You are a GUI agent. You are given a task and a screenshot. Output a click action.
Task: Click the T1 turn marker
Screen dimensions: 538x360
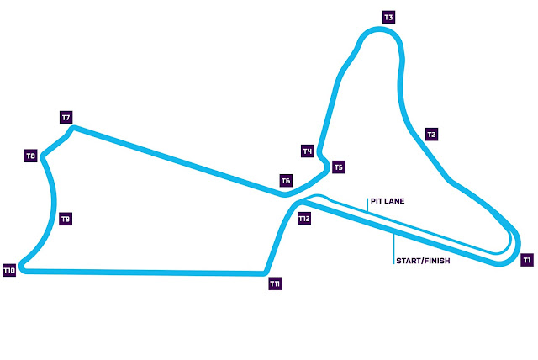pyautogui.click(x=526, y=260)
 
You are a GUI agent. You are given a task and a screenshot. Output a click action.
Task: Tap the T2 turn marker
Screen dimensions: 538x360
pyautogui.click(x=431, y=135)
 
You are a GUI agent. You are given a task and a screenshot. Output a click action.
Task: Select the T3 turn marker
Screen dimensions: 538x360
pyautogui.click(x=388, y=17)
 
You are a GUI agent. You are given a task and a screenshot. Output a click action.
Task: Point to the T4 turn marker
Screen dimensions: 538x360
pyautogui.click(x=308, y=151)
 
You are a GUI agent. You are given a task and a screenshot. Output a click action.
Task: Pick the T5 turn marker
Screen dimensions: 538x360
pyautogui.click(x=338, y=167)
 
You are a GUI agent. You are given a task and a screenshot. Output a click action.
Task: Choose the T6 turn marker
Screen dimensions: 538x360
pyautogui.click(x=286, y=181)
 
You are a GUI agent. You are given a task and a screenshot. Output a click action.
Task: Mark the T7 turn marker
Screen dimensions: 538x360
pyautogui.click(x=66, y=116)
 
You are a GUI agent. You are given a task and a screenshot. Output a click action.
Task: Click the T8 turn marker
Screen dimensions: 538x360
pyautogui.click(x=30, y=156)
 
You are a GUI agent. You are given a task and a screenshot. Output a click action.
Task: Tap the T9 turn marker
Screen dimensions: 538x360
pyautogui.click(x=66, y=219)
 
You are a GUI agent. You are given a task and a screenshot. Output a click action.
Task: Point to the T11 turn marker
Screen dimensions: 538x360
pyautogui.click(x=275, y=284)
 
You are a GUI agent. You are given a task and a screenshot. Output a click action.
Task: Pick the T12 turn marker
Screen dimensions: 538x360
pyautogui.click(x=305, y=219)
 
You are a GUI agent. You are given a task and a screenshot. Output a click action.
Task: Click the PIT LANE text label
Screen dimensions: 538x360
pyautogui.click(x=387, y=202)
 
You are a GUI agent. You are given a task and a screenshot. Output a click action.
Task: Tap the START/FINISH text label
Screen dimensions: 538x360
pyautogui.click(x=423, y=261)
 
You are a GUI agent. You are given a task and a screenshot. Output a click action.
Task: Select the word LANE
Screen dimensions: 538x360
pyautogui.click(x=393, y=202)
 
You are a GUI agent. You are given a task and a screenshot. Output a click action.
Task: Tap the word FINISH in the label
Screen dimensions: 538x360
pyautogui.click(x=438, y=261)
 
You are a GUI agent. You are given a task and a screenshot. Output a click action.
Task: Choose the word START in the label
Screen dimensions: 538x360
pyautogui.click(x=408, y=261)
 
